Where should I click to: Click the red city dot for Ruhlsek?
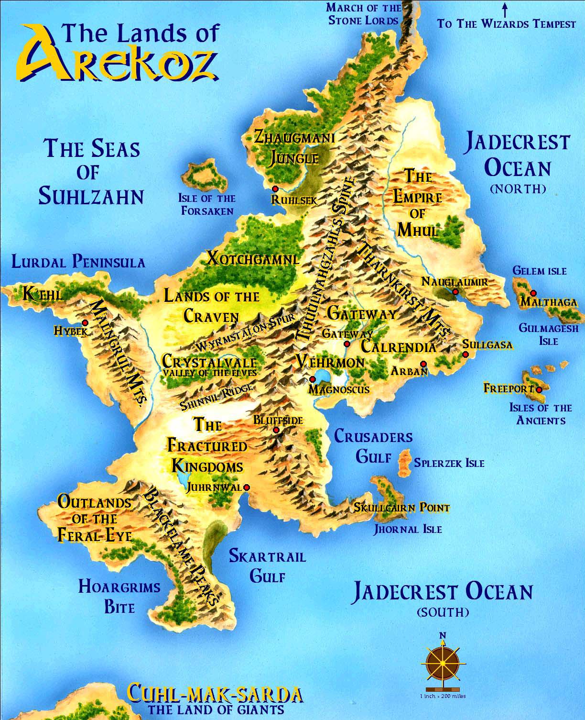click(x=275, y=189)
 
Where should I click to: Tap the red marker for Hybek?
click(x=85, y=322)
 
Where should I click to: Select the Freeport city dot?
click(x=539, y=389)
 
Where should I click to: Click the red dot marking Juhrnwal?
click(x=247, y=487)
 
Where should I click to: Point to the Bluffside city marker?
click(x=276, y=430)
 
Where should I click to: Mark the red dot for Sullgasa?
click(x=466, y=354)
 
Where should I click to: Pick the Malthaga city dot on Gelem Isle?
click(x=533, y=293)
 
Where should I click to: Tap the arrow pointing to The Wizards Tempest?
click(x=505, y=10)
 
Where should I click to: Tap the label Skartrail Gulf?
click(x=267, y=566)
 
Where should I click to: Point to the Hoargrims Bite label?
click(x=119, y=597)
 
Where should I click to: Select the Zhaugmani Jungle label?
click(x=293, y=147)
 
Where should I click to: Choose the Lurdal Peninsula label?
click(x=78, y=262)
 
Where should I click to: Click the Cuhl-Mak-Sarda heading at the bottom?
click(x=215, y=694)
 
